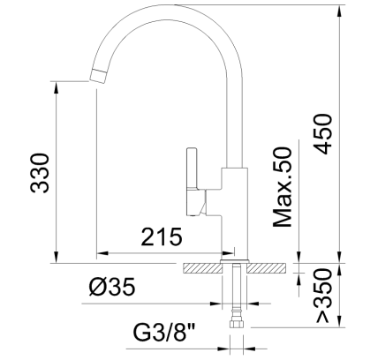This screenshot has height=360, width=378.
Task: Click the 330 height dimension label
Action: coord(40,173)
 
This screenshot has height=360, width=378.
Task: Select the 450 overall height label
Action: coord(323,134)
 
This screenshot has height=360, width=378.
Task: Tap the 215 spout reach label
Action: coord(162,236)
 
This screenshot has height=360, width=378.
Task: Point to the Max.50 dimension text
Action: coord(283,187)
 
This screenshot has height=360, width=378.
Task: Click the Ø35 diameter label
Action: coord(112,287)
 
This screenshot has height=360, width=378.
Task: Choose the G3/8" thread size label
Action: coord(166,333)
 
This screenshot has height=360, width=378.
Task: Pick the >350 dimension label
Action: coord(324,296)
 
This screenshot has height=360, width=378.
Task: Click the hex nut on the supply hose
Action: coord(237,324)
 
